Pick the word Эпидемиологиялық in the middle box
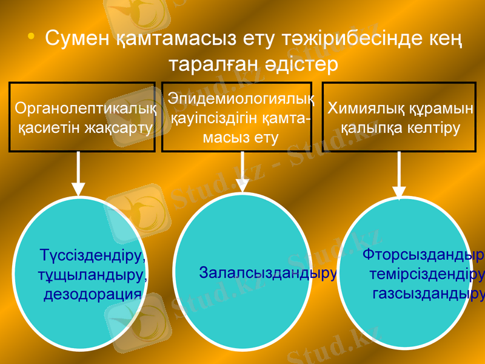click(x=241, y=97)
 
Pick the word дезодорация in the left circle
click(x=93, y=295)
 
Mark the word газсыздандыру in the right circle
click(x=428, y=294)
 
